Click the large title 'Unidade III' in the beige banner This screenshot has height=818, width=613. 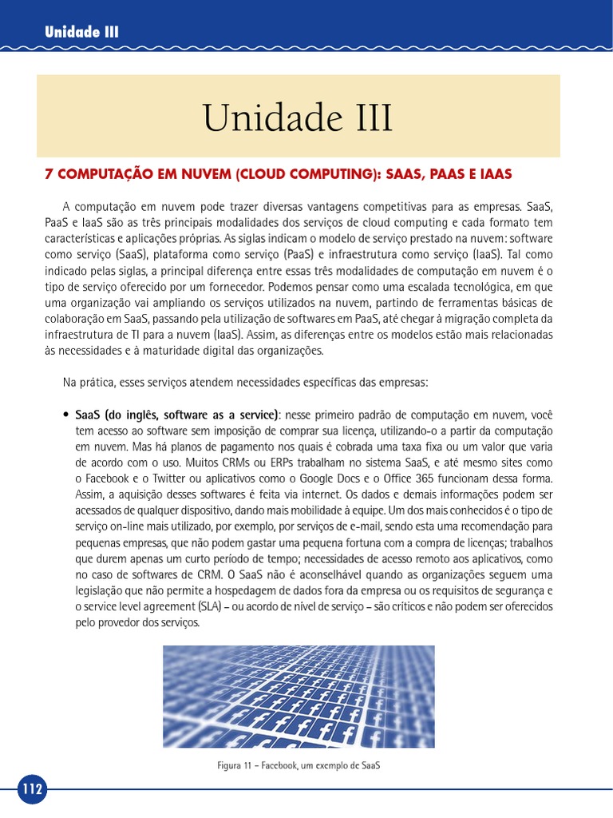298,117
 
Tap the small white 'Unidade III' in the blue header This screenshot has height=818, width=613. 81,32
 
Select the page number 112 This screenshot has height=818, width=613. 32,789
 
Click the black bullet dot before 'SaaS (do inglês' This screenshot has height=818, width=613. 65,415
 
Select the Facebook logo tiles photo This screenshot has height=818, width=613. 299,696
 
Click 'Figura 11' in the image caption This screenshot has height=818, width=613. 237,764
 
